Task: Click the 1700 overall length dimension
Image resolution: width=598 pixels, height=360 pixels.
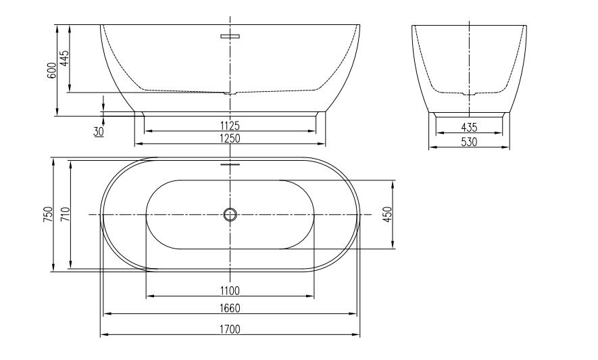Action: pos(230,329)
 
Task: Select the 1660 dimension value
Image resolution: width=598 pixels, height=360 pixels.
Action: pos(230,308)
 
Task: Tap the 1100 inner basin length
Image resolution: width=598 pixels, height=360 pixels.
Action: pos(230,291)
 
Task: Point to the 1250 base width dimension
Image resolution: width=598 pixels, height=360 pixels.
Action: pos(230,138)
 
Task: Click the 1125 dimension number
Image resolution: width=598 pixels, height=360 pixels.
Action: pos(230,125)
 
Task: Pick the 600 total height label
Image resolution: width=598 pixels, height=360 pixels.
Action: pos(52,70)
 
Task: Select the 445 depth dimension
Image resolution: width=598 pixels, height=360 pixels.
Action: pos(65,58)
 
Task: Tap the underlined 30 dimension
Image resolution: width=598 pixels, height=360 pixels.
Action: pos(99,132)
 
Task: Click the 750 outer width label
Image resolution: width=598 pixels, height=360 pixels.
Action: pos(48,214)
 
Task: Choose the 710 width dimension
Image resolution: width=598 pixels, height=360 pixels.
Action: pos(66,214)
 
